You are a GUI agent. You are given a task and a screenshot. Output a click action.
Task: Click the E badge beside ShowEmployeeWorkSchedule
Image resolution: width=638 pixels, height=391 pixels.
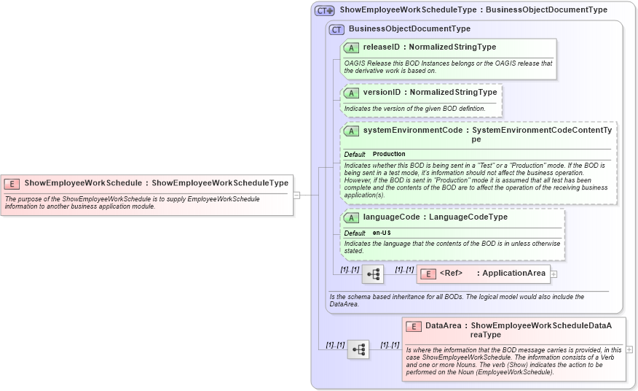[x=12, y=184]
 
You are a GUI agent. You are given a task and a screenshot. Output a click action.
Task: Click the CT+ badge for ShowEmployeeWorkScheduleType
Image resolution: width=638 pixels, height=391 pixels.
[x=324, y=11]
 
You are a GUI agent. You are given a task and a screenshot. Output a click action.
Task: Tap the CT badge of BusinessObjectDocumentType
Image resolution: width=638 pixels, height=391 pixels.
[x=336, y=29]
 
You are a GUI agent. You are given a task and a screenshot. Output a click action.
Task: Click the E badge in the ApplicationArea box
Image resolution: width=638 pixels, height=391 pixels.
[x=428, y=274]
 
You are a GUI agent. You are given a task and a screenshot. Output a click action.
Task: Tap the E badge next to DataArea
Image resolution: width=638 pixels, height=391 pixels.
[x=414, y=326]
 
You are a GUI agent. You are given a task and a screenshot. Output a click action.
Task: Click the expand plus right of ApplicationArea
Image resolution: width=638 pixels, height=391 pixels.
[x=554, y=274]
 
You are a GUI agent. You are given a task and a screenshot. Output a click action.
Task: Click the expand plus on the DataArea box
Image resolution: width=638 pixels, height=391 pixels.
[x=629, y=349]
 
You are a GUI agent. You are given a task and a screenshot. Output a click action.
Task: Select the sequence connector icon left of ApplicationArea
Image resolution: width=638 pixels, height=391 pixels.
[x=373, y=274]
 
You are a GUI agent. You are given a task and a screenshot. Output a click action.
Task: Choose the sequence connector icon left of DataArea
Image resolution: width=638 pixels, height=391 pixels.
[x=358, y=349]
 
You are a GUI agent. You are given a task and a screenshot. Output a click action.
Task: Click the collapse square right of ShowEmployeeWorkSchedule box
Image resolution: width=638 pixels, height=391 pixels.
[x=296, y=195]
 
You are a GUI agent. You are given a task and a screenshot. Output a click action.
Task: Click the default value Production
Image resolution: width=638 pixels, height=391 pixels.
[x=389, y=155]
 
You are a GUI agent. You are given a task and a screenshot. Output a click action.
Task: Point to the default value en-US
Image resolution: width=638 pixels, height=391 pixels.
[x=382, y=233]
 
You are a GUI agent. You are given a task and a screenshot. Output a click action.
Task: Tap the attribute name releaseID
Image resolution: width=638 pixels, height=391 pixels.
[x=382, y=47]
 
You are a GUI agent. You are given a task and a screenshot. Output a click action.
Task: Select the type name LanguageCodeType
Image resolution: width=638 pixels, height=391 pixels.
[x=468, y=217]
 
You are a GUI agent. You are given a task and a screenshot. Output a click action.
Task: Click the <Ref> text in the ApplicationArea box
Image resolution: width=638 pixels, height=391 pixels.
[x=451, y=274]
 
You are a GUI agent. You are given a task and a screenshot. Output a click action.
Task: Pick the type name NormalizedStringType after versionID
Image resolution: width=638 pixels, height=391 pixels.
[x=453, y=93]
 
